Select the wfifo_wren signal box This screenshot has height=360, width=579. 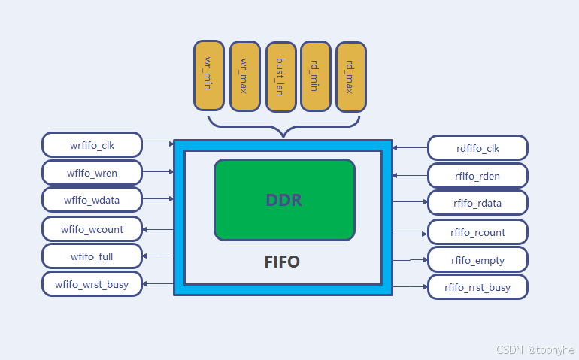pos(92,172)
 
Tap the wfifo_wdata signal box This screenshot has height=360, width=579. pos(92,200)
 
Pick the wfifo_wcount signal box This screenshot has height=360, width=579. pos(92,228)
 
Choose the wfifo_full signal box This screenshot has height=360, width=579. pos(92,256)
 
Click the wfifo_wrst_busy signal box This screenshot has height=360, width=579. pos(92,284)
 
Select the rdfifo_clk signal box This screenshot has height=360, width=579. pos(477,148)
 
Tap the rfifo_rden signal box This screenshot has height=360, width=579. pos(477,176)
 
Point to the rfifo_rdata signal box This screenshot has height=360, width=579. pos(477,203)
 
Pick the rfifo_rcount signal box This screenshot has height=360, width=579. pos(477,232)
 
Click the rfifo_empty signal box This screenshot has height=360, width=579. pos(477,260)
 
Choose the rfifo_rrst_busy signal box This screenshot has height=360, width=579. pos(477,287)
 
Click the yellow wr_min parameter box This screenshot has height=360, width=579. pos(208,76)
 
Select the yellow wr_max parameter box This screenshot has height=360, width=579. pos(244,76)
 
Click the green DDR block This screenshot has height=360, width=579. pos(284,200)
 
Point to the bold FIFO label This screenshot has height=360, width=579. pos(282,262)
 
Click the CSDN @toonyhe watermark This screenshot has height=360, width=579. pos(536,350)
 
